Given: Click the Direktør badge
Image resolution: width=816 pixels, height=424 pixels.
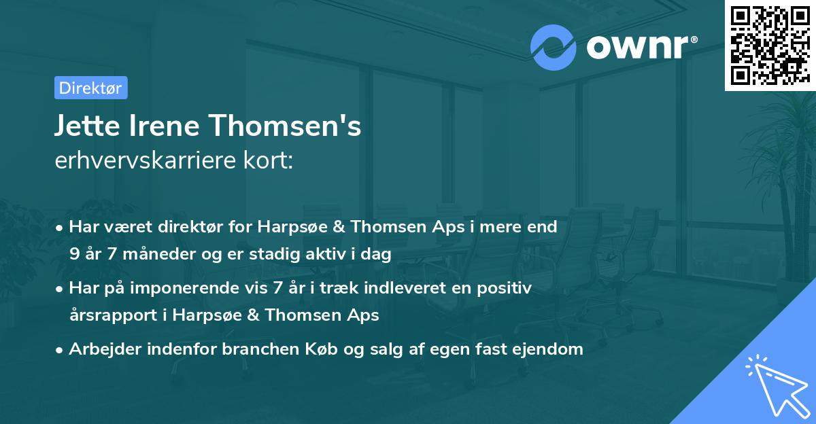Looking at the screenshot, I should (90, 88).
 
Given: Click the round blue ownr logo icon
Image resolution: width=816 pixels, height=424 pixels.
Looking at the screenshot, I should (554, 46).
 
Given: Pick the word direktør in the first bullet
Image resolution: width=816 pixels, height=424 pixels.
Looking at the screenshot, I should (194, 227).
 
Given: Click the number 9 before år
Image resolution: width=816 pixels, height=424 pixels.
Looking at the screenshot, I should (73, 255).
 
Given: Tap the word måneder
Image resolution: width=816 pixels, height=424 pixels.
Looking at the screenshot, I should (156, 255).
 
